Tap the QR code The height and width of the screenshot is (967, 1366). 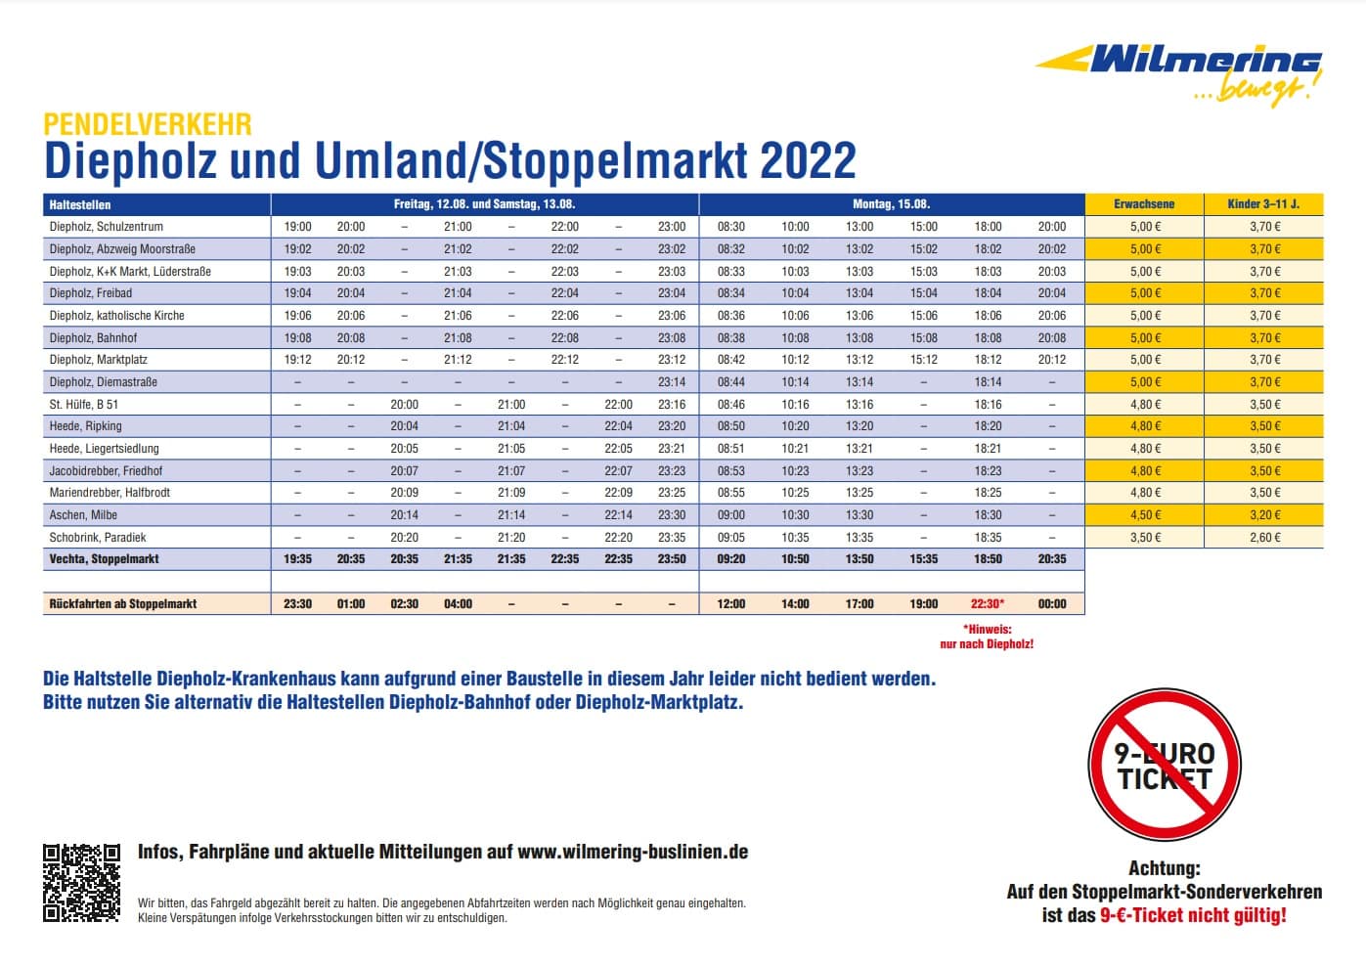81,882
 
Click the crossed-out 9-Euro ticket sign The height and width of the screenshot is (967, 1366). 1164,766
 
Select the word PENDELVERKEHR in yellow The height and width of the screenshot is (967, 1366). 148,124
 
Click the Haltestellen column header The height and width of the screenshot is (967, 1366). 80,204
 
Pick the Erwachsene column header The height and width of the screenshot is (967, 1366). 1144,204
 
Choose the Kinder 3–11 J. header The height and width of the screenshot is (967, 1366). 1263,204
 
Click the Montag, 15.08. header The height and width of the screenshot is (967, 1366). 891,204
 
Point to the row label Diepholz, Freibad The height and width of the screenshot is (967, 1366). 91,293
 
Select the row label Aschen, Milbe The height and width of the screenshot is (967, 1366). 83,515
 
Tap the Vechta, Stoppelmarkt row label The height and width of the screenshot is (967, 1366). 104,559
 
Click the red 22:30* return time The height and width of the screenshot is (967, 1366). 988,604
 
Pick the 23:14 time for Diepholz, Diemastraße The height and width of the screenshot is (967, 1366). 672,382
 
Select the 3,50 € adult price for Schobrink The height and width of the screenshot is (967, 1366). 1145,538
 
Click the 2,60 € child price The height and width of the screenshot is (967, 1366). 1264,538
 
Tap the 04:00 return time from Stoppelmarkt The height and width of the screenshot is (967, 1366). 458,604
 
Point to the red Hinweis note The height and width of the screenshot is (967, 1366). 987,637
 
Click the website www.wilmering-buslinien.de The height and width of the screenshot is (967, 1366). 633,852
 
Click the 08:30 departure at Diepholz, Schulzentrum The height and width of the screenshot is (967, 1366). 731,227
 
